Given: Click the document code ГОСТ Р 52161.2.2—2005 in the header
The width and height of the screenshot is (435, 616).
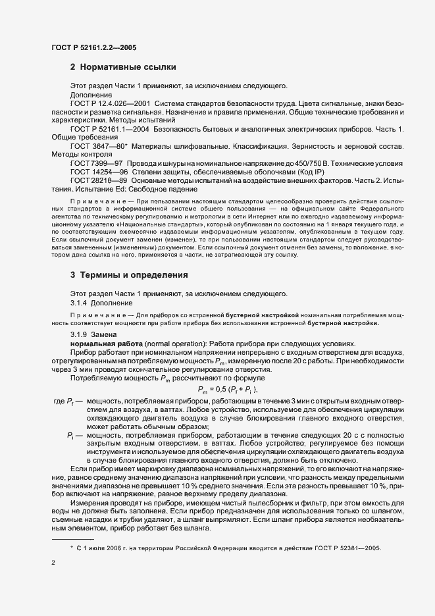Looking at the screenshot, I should [x=93, y=47].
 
